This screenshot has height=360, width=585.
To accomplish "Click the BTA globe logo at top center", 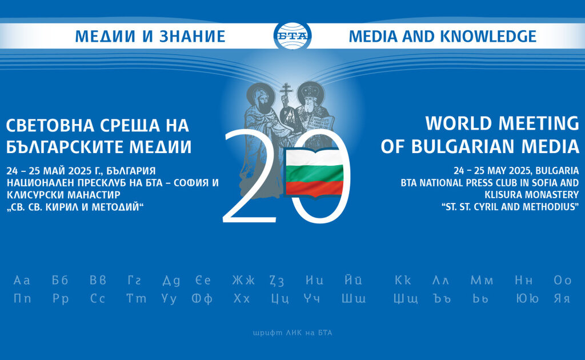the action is tap(292, 36).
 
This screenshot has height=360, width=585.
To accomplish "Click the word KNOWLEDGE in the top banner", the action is tap(488, 36).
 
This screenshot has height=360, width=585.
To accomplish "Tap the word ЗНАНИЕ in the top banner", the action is tap(193, 36).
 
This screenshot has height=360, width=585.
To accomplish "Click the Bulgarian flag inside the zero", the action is tap(314, 173).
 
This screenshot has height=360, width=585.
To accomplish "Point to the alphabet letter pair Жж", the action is tap(243, 280).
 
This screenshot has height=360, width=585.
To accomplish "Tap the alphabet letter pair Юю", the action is tap(527, 298).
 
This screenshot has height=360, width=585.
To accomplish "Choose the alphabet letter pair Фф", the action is tap(202, 298).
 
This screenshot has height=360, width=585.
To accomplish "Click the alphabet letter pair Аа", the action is tap(22, 280).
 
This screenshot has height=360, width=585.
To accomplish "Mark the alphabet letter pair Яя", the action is tap(562, 298).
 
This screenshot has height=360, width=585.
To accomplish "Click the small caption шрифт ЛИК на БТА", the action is tap(292, 333).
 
